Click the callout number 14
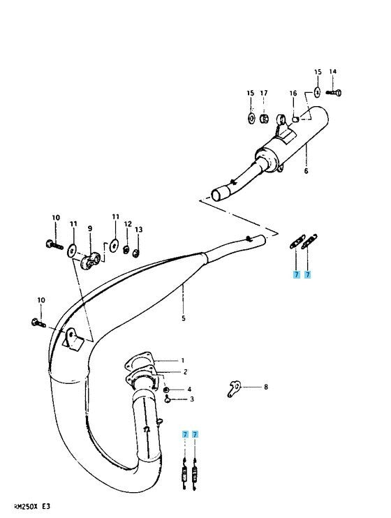(333, 71)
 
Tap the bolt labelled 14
(334, 93)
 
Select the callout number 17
(263, 93)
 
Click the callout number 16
(293, 94)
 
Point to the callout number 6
(306, 171)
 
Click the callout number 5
(184, 318)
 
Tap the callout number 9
(90, 228)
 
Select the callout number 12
(128, 224)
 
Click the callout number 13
(139, 229)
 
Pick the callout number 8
(266, 387)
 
